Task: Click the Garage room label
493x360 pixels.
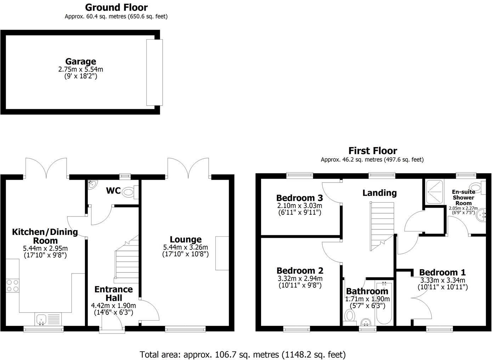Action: pyautogui.click(x=80, y=61)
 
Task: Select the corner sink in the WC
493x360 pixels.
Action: pyautogui.click(x=92, y=185)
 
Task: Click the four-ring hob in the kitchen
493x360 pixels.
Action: pyautogui.click(x=12, y=285)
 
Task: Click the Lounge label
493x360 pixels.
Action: pyautogui.click(x=186, y=240)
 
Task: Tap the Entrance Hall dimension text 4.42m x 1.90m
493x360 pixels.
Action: pyautogui.click(x=113, y=306)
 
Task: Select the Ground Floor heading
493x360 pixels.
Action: pyautogui.click(x=116, y=7)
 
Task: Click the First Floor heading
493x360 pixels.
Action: pyautogui.click(x=373, y=151)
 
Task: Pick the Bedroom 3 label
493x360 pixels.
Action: pyautogui.click(x=300, y=198)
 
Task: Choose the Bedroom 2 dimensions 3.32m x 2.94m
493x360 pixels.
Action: pyautogui.click(x=300, y=278)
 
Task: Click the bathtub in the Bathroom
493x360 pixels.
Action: pyautogui.click(x=384, y=303)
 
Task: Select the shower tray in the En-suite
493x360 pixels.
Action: pyautogui.click(x=435, y=192)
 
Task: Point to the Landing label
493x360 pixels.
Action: pyautogui.click(x=380, y=193)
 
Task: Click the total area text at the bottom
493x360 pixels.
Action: pyautogui.click(x=243, y=354)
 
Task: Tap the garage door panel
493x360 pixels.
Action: pyautogui.click(x=154, y=72)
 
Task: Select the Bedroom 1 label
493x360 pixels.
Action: pyautogui.click(x=442, y=272)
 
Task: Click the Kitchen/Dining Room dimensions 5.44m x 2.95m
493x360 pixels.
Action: pyautogui.click(x=45, y=248)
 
